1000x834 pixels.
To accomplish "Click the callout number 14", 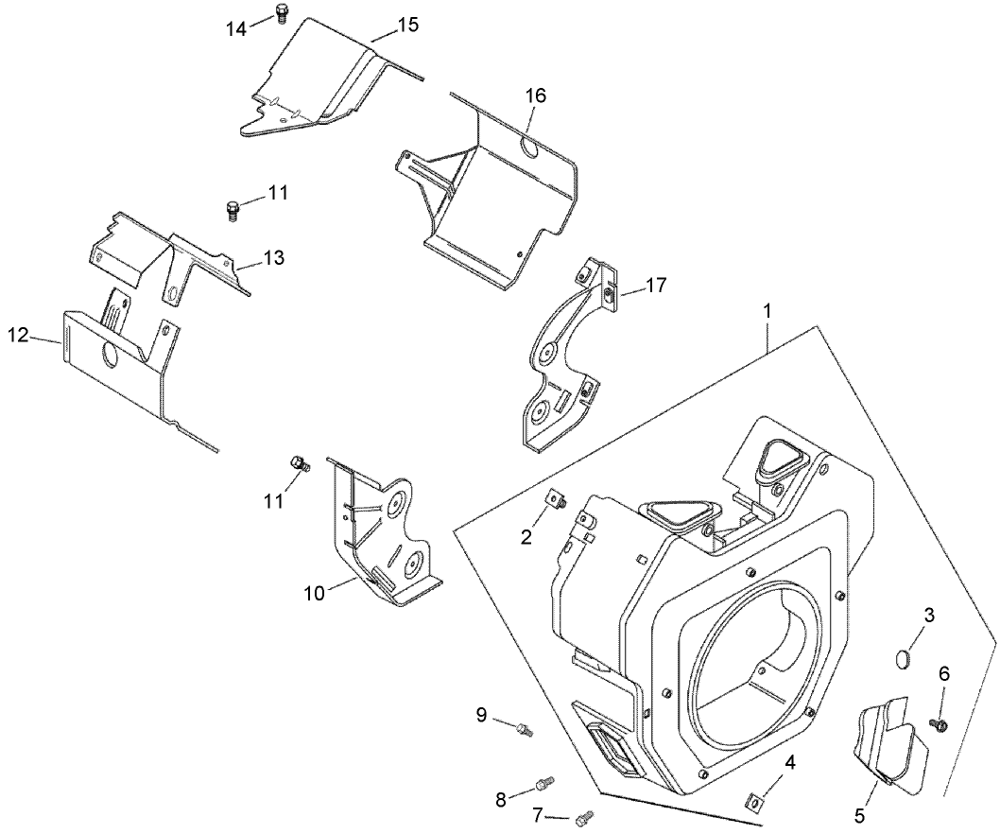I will pos(235,28).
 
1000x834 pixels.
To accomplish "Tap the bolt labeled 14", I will pos(281,12).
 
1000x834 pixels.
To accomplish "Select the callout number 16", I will pos(535,96).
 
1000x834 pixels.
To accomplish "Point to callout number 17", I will pos(657,284).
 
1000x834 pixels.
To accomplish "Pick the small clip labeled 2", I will pos(555,500).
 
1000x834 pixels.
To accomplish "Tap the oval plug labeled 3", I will pos(904,658).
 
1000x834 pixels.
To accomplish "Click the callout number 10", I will pos(314,593).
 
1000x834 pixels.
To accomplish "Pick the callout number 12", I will pos(18,335).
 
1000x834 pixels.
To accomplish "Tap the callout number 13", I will pos(272,257).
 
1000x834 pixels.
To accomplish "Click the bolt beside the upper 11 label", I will pos(233,208).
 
